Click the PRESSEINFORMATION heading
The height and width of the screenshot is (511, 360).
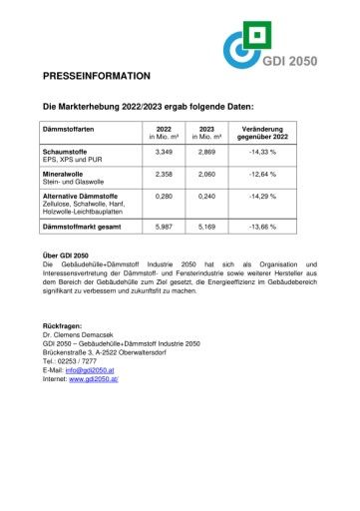(97, 76)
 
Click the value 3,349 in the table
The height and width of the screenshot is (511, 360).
(166, 151)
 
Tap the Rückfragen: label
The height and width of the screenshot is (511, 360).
(63, 326)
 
